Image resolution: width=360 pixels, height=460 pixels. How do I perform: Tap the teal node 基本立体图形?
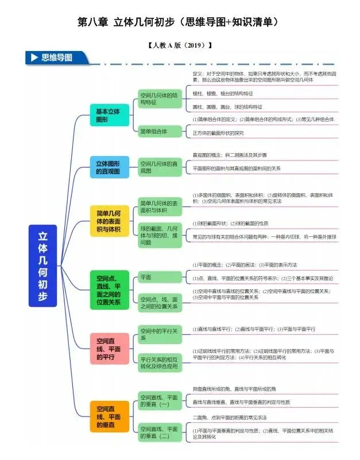[x=109, y=115]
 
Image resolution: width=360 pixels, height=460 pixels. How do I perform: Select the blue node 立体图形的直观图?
[x=109, y=167]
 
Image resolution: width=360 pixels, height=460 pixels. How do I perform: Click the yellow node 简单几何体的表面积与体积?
[x=109, y=221]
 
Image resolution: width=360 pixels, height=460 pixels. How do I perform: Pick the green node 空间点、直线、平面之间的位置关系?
[x=109, y=290]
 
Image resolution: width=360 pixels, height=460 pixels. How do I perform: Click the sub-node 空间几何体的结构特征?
[x=160, y=98]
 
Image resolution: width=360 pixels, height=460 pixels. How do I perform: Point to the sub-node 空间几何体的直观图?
[x=160, y=167]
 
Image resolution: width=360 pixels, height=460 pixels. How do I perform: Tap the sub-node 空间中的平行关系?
[x=160, y=334]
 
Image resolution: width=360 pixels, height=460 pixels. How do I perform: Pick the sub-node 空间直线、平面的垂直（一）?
[x=160, y=400]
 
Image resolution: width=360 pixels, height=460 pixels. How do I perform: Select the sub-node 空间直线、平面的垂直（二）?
[x=160, y=432]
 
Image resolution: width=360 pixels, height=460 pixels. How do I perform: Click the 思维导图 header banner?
[x=57, y=58]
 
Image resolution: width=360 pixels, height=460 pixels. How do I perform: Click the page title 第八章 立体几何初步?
[x=180, y=22]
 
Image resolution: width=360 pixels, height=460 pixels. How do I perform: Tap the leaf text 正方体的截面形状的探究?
[x=218, y=132]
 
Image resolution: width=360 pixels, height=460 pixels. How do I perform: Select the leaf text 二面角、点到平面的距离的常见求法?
[x=230, y=417]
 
